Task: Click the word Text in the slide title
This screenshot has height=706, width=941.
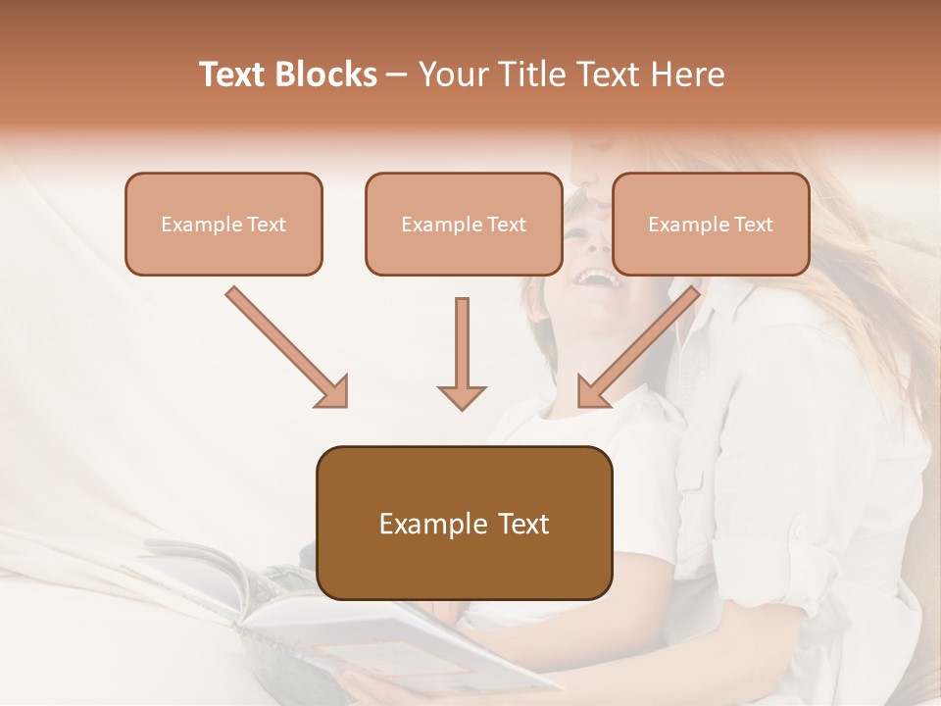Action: coord(232,75)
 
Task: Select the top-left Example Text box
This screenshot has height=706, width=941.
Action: coord(223,224)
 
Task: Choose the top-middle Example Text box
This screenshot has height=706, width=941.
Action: coord(464,224)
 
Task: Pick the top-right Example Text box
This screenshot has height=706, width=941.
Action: coord(711,224)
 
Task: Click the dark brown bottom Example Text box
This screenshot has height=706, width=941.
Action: coord(464,523)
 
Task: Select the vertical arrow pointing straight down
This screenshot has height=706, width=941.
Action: coord(462,353)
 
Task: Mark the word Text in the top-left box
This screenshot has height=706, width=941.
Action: coord(267,225)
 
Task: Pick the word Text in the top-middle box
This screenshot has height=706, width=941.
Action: coord(507,225)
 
